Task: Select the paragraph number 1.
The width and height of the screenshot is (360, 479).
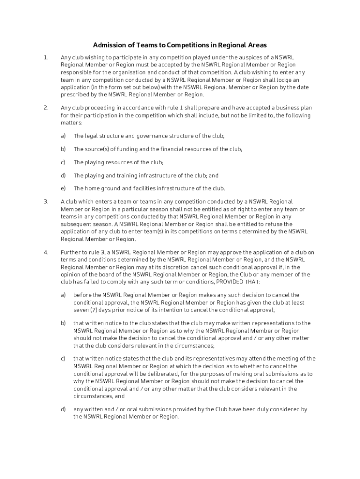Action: (x=45, y=58)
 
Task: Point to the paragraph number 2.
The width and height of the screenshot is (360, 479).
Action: (x=46, y=108)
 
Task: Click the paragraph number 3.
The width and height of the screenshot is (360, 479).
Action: (x=46, y=202)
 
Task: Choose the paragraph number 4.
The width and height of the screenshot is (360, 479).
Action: (x=46, y=252)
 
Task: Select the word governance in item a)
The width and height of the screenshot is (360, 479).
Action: (x=152, y=136)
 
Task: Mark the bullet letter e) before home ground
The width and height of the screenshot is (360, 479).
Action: (x=63, y=189)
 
